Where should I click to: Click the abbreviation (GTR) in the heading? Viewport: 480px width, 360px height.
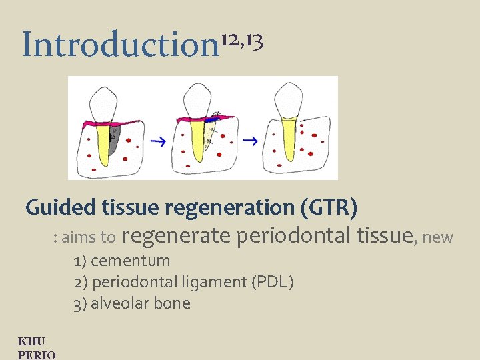coord(329,207)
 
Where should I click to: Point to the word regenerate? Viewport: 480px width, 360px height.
coord(176,235)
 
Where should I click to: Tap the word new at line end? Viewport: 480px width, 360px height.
coord(438,237)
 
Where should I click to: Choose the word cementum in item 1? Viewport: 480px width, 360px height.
coord(131,260)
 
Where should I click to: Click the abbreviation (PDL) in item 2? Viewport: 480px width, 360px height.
coord(272,282)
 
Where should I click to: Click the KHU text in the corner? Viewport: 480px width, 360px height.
coord(32,342)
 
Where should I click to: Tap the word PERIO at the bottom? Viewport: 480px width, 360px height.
coord(37,355)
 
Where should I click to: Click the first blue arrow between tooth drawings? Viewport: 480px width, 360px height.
coord(157,141)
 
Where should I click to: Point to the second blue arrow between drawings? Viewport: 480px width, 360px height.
coord(250,141)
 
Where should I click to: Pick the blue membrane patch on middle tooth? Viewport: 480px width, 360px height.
coord(210,121)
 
